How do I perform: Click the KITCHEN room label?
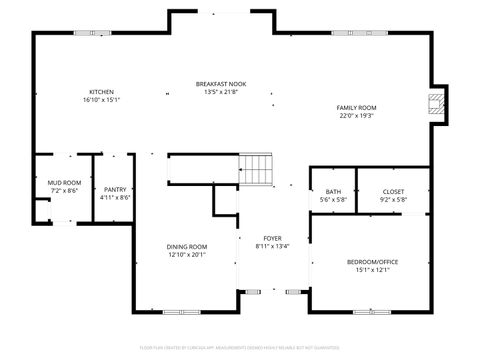click(101, 92)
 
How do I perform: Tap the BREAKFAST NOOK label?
click(220, 84)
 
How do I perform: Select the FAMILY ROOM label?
click(355, 107)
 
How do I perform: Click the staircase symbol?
click(257, 169)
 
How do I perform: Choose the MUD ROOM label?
click(64, 183)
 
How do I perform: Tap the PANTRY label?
click(115, 189)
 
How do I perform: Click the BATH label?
click(332, 191)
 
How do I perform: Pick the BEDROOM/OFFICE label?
click(372, 262)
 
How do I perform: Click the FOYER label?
click(273, 237)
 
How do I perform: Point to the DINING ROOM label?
click(186, 246)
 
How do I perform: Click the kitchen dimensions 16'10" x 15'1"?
click(101, 100)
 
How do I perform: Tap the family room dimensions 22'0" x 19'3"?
click(355, 115)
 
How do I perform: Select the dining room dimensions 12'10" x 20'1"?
click(186, 254)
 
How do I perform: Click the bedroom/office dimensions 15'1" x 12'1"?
click(372, 270)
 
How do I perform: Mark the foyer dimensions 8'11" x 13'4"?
click(273, 245)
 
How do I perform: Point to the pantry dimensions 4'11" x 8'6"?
click(115, 197)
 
